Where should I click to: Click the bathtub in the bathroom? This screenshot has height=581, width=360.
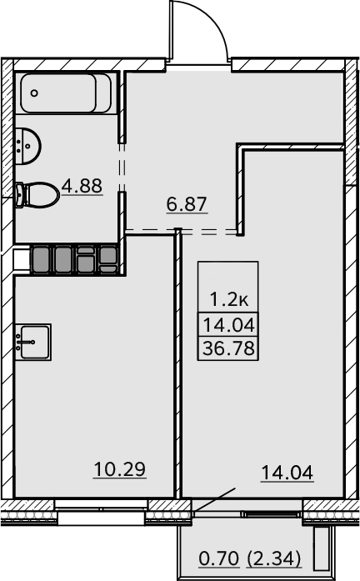tap(66, 93)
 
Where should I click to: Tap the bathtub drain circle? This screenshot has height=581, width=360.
tap(34, 93)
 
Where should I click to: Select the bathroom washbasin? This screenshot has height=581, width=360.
tap(27, 146)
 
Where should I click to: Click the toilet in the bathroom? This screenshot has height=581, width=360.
tap(37, 195)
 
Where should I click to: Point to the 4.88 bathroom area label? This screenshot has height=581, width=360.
tap(82, 186)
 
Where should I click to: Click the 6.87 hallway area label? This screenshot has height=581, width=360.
tap(187, 204)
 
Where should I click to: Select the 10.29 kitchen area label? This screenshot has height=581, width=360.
tap(120, 469)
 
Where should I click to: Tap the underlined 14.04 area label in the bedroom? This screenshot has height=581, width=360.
tap(287, 473)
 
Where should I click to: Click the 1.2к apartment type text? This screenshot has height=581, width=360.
tap(229, 299)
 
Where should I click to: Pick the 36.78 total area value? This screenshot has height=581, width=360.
tap(229, 348)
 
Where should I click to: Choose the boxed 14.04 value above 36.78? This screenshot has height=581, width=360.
tap(229, 325)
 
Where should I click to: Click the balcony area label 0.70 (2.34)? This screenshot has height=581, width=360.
tap(250, 558)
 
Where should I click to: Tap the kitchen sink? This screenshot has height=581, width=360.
tap(32, 342)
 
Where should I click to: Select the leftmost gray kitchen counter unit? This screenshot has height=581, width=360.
tap(41, 260)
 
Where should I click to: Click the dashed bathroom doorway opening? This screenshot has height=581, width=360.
tap(122, 168)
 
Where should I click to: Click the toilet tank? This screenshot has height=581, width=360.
tap(20, 195)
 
